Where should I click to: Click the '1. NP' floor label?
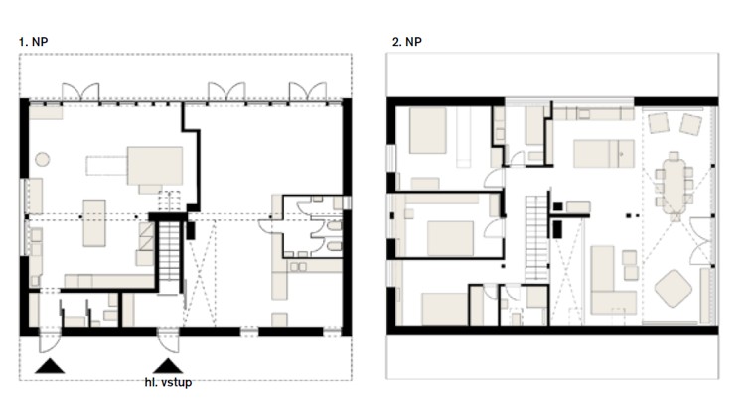[34, 42]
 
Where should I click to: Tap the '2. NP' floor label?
[407, 42]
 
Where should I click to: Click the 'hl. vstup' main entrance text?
[168, 382]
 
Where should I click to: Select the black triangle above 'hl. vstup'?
[168, 366]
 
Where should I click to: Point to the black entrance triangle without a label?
[50, 366]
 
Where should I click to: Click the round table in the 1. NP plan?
[42, 159]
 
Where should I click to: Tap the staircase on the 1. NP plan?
[169, 251]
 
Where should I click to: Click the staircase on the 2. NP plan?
[536, 238]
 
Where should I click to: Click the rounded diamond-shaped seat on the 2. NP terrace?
[674, 288]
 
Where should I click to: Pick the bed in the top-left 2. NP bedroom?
[428, 130]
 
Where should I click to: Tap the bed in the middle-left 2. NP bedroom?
[450, 238]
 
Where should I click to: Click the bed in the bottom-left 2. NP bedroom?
[444, 309]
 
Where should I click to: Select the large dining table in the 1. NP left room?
[155, 166]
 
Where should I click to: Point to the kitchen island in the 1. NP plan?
[93, 223]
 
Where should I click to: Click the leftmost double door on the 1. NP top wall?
[80, 92]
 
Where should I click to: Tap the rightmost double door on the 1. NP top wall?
[308, 92]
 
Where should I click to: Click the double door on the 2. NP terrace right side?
[700, 240]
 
